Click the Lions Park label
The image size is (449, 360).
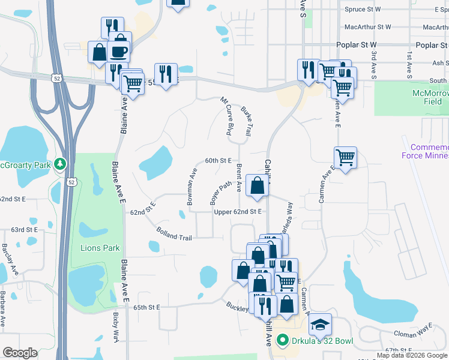(100, 248)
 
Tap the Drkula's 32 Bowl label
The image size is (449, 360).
(323, 341)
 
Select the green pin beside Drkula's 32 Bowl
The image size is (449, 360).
(283, 341)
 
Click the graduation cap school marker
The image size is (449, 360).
(321, 325)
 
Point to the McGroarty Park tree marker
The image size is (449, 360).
(59, 164)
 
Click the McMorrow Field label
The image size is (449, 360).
(427, 97)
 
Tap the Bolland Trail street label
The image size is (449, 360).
(173, 234)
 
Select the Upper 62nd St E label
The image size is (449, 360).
(238, 212)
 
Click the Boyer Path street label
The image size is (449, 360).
(220, 193)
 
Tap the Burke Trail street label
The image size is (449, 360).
(246, 121)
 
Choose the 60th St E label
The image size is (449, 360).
(218, 160)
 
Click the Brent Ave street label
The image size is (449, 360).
(239, 178)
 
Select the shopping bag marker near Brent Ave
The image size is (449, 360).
(258, 186)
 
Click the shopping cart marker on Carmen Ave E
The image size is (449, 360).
(345, 158)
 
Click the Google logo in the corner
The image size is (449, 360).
(20, 353)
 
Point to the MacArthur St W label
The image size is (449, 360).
(367, 27)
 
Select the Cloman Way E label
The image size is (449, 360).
(414, 332)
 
